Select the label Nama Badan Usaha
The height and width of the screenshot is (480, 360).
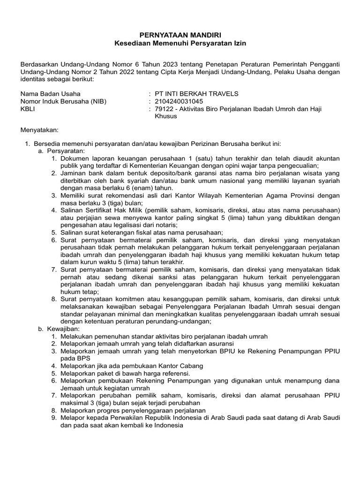point(50,93)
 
